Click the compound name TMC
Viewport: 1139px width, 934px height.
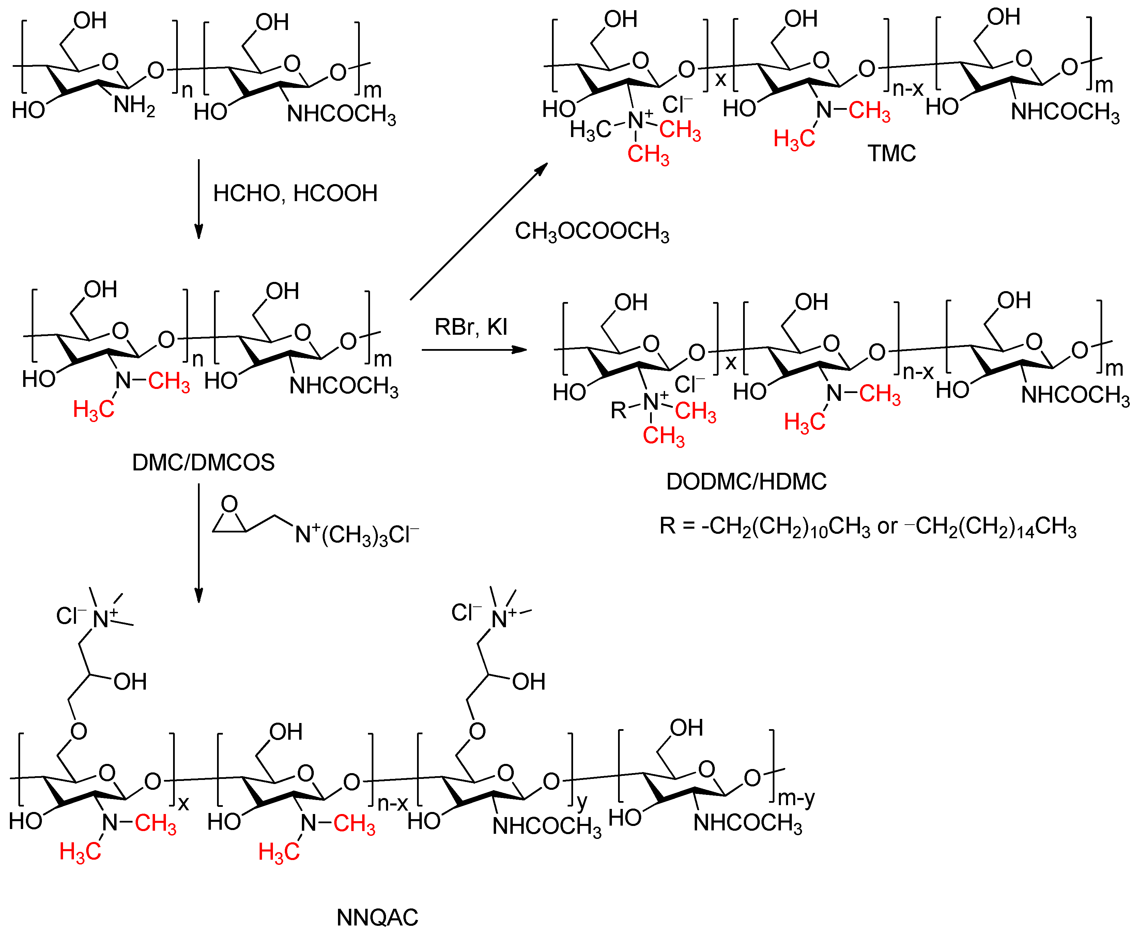[x=891, y=153]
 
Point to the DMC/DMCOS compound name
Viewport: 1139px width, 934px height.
[x=203, y=462]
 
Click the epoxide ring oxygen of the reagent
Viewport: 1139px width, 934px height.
[x=230, y=504]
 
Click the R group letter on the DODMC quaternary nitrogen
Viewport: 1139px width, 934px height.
[x=618, y=410]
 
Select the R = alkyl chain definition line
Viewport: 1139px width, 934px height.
[x=867, y=526]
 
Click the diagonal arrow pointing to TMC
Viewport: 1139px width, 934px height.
[x=479, y=231]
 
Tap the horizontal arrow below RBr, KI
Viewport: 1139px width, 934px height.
[x=474, y=350]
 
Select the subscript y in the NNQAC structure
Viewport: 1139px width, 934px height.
[x=581, y=802]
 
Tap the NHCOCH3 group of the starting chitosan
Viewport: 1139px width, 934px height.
[x=341, y=114]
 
